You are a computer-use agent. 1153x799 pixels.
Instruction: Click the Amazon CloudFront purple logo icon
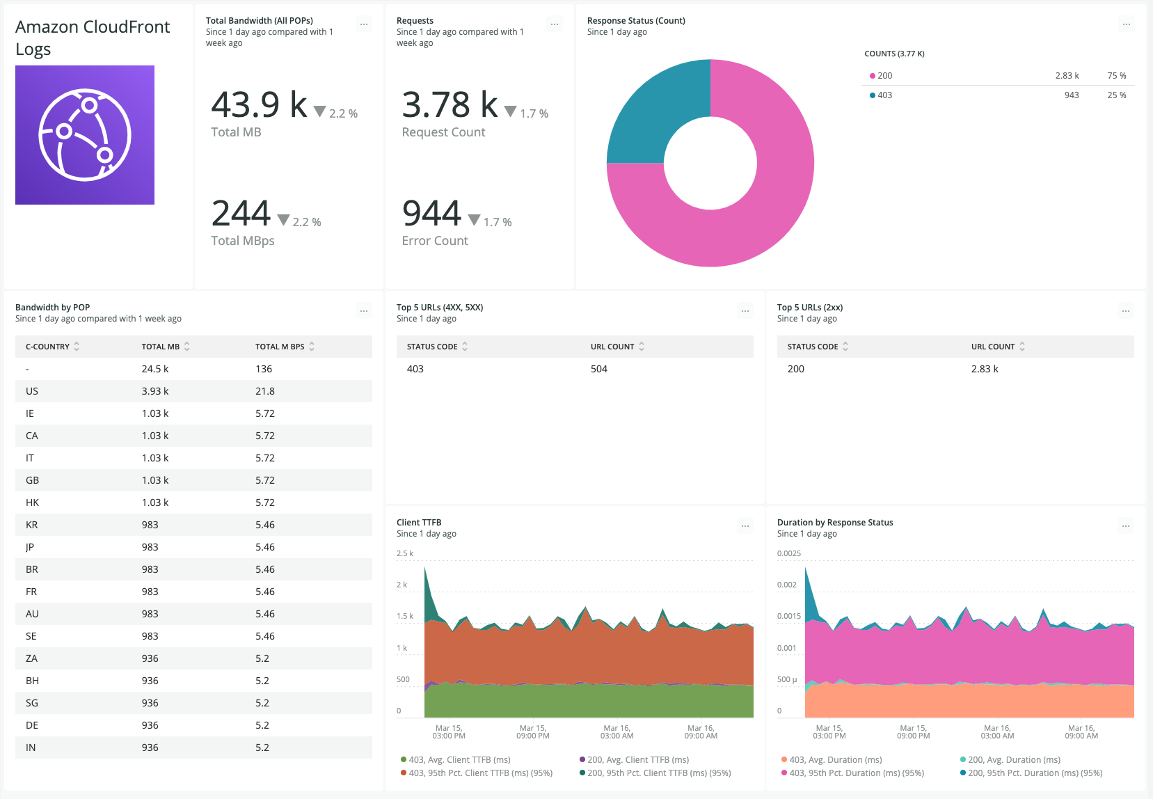pos(85,135)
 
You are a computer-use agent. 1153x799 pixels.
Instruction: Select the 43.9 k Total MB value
pos(259,105)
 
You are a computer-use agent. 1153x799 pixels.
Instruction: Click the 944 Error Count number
pos(431,214)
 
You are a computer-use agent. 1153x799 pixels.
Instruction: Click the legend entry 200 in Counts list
pos(884,76)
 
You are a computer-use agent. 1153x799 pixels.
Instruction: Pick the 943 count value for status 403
pos(1071,95)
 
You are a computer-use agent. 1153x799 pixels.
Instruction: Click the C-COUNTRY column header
pos(48,347)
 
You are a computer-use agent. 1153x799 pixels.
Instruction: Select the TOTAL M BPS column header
pos(280,347)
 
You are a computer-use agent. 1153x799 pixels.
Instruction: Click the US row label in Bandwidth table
pos(32,391)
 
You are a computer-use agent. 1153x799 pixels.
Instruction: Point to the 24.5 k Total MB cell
pos(155,369)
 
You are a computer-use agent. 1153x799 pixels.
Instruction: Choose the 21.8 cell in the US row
pos(264,391)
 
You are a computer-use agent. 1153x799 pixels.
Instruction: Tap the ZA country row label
pos(32,658)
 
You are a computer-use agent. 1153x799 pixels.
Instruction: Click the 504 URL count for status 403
pos(598,369)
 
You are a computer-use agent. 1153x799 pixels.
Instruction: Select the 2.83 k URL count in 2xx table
pos(984,369)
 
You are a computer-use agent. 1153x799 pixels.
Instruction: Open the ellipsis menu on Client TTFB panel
pos(745,526)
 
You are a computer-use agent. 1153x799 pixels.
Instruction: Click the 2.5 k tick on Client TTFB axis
pos(404,553)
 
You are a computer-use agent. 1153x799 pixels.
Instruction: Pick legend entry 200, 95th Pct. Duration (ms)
pos(1034,773)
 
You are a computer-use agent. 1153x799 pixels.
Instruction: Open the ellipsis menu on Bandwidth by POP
pos(364,311)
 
